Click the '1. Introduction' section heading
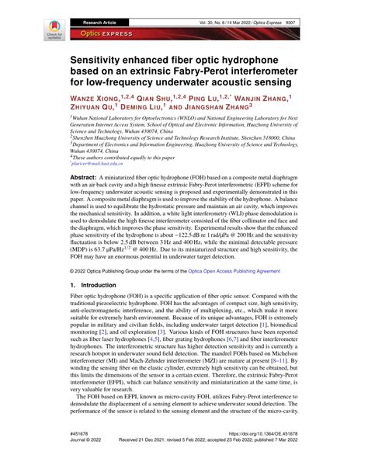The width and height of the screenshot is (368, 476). click(x=95, y=329)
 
